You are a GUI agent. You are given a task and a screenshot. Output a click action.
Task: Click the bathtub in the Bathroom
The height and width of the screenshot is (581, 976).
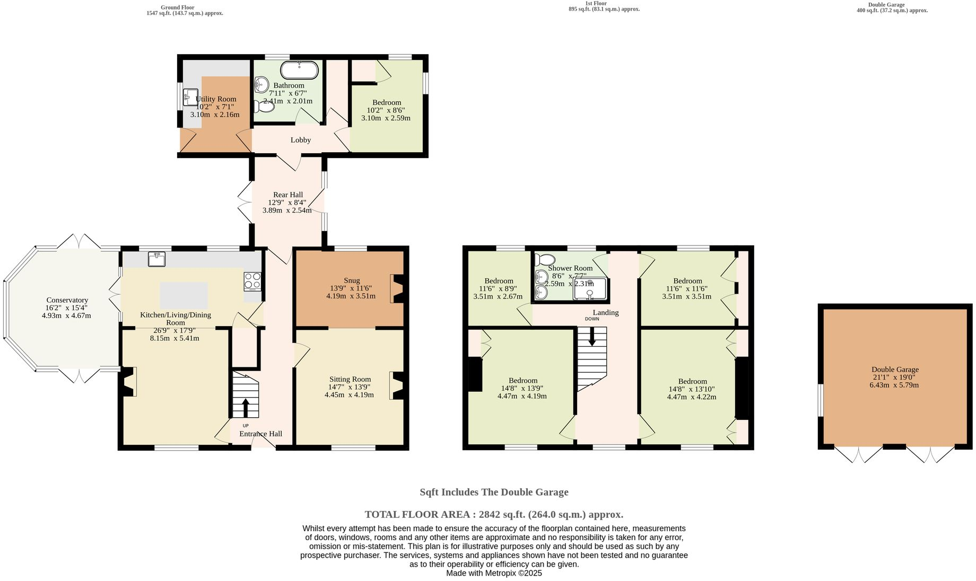[300, 70]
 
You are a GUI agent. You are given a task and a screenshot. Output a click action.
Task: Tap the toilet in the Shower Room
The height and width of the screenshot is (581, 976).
[545, 260]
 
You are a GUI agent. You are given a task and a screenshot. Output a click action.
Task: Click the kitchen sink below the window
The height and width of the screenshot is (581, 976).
[156, 259]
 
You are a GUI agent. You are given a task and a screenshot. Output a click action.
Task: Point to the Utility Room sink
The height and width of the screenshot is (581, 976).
[190, 97]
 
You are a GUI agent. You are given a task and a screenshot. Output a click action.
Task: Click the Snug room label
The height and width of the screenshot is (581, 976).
[351, 280]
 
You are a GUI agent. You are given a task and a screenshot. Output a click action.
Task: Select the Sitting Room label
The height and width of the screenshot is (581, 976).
[350, 379]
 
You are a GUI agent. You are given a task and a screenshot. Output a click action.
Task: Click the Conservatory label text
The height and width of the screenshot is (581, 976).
[67, 300]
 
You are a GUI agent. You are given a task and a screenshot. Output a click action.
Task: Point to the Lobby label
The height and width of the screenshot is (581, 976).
[300, 140]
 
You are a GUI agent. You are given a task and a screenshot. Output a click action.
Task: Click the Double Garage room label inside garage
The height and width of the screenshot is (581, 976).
[895, 369]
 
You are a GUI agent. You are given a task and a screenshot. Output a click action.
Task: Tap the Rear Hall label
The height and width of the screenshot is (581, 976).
[287, 195]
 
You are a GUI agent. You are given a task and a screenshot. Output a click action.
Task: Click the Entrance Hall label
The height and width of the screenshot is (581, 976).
[260, 434]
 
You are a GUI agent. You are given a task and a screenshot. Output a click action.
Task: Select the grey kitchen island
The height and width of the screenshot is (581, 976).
[184, 295]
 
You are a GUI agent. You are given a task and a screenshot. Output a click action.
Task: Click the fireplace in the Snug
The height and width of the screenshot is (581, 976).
[397, 288]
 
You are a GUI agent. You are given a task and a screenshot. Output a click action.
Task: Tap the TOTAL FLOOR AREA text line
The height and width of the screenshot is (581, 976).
[493, 514]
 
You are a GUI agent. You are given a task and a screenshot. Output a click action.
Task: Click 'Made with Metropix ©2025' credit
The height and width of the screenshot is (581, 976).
[493, 573]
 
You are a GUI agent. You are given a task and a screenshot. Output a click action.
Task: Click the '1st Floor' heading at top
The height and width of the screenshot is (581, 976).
[596, 3]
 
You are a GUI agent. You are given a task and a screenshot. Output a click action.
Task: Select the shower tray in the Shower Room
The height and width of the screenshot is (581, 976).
[589, 289]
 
